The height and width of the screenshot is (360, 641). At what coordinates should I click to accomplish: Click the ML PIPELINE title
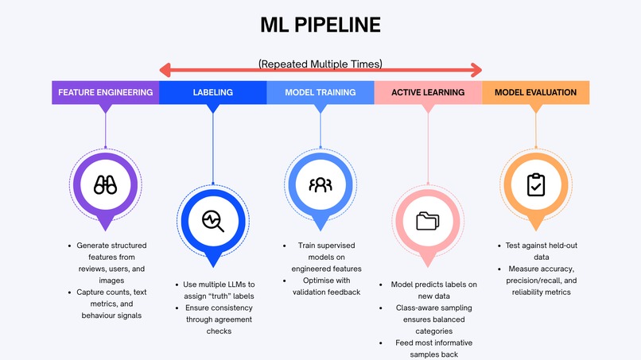click(x=320, y=25)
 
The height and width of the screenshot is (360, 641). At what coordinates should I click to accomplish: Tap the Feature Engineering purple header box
click(x=106, y=92)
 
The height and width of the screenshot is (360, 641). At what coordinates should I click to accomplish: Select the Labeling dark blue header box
click(x=213, y=92)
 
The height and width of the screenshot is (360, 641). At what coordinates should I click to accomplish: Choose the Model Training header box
click(x=320, y=92)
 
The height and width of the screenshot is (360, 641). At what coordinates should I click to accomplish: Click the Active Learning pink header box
click(x=428, y=92)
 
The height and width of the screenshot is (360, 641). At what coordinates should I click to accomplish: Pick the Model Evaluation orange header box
click(x=536, y=92)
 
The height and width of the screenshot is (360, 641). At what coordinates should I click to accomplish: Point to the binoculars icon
click(x=106, y=184)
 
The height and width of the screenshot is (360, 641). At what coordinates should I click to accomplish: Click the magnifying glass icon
click(x=213, y=221)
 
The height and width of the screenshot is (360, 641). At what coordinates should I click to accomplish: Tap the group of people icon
click(x=320, y=184)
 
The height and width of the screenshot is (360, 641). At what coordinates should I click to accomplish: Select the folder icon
click(x=428, y=221)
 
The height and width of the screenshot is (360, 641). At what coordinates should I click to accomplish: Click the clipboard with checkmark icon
click(x=536, y=184)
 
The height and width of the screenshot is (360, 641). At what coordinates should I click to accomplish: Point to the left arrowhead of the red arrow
click(x=165, y=70)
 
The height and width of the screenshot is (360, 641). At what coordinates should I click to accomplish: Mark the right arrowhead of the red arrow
click(x=476, y=70)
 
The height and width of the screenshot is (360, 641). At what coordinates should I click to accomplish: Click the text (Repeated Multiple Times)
click(x=320, y=64)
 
